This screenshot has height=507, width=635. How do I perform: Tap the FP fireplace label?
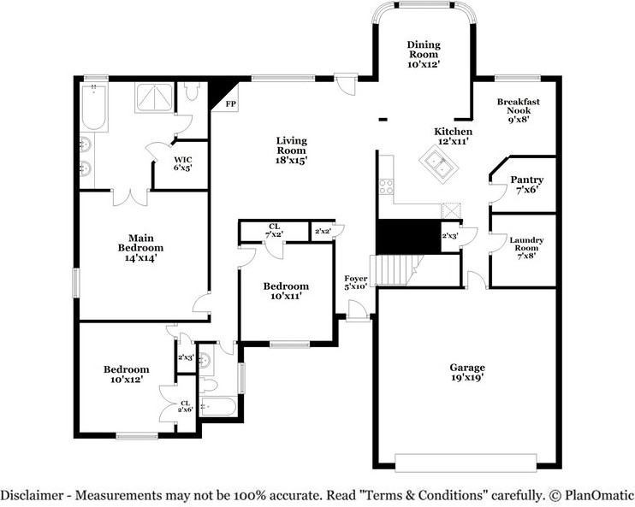coord(230,104)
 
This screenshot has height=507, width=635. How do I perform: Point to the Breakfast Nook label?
coord(519,109)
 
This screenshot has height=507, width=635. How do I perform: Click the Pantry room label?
coord(526,185)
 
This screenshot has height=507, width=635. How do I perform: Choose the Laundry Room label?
coord(526,248)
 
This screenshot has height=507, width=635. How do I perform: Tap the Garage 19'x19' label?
coord(467,373)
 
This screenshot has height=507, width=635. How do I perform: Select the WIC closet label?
coord(182,163)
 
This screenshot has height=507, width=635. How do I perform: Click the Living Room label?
coord(291,150)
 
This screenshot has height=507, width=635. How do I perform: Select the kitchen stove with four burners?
coord(386,184)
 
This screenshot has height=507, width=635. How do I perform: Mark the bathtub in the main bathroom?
coord(93,108)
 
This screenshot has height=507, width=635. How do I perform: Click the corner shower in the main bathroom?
coord(152,98)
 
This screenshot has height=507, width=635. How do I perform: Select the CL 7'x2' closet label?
coord(274,230)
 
